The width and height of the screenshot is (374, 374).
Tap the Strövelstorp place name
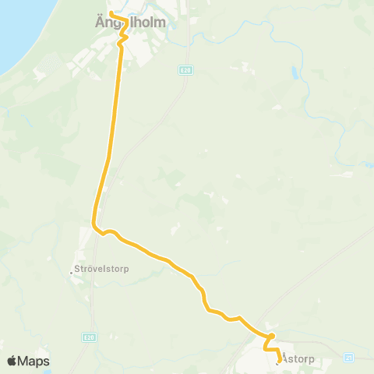(103, 270)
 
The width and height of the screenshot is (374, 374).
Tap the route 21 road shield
(348, 358)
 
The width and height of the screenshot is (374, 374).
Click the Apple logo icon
(12, 361)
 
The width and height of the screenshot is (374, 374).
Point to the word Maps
(34, 361)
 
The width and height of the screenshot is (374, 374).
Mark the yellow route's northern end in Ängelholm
(111, 13)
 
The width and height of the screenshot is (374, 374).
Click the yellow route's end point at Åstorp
(278, 360)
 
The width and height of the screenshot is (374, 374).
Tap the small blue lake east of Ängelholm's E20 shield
(295, 74)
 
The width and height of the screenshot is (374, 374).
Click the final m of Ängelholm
(161, 22)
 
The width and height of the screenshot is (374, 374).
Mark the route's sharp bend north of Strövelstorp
(96, 226)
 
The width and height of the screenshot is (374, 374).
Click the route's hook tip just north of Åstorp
(272, 335)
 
